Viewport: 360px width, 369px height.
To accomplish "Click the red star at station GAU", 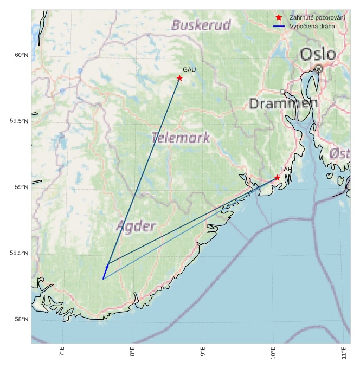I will tap(179, 78).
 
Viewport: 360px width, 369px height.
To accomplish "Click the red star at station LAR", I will tap(277, 177).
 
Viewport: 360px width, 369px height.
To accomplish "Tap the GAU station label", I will tap(189, 70).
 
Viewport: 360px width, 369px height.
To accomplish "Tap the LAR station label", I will tap(286, 170).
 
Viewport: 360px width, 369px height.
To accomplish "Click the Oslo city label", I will tap(318, 54).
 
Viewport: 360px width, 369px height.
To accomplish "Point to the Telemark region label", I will tap(180, 138).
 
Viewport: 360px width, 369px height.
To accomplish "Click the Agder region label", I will tap(136, 226).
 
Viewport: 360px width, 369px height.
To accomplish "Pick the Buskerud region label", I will tap(201, 25).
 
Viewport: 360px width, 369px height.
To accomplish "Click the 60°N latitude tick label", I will tap(21, 55).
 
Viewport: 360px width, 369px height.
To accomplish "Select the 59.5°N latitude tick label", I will tap(19, 121).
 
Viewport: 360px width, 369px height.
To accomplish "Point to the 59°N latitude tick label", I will tap(21, 187).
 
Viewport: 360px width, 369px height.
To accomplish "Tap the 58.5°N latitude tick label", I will tap(19, 253).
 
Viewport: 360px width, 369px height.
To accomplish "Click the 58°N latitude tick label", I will tap(21, 319).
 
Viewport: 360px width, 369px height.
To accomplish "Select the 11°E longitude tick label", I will tap(343, 353).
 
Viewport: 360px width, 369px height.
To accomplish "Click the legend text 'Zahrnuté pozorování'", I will tap(317, 18).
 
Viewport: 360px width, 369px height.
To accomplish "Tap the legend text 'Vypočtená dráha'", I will tap(312, 26).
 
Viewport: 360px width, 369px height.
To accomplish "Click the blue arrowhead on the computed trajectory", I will tap(107, 267).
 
